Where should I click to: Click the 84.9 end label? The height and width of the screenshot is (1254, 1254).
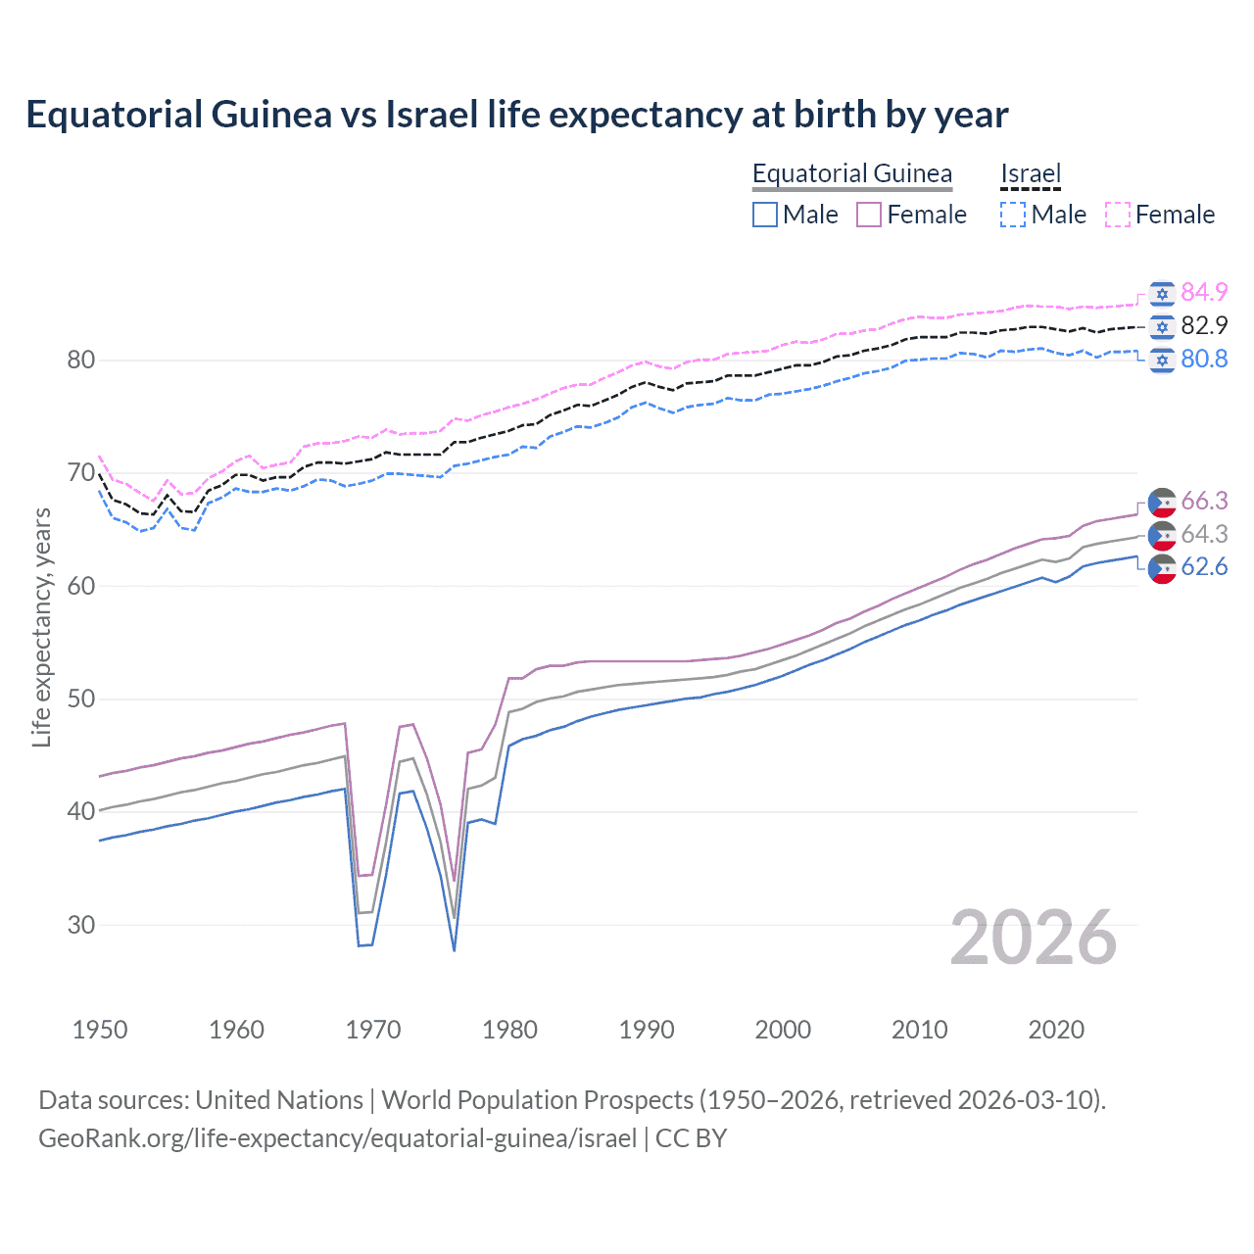click(1204, 292)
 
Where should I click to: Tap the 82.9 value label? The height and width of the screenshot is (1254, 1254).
click(1204, 325)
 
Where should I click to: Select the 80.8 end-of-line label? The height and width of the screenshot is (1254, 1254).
click(1204, 359)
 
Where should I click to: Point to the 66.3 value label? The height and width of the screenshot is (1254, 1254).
click(1204, 501)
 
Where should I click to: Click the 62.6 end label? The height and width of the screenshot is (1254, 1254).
click(1204, 567)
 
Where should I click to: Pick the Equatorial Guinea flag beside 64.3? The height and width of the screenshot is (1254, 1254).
click(1162, 535)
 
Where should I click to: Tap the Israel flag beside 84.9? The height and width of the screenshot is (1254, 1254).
click(1162, 293)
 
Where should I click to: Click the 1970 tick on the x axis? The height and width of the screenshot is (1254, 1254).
click(373, 1030)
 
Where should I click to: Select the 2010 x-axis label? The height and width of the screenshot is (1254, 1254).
click(919, 1030)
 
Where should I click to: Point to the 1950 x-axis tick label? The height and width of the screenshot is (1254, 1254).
click(100, 1030)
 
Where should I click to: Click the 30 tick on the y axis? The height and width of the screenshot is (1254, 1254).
click(81, 925)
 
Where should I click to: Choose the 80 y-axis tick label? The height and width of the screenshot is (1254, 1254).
click(81, 361)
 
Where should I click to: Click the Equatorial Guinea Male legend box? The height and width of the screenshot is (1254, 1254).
click(765, 215)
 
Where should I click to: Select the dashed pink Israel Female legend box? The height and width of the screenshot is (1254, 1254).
click(1118, 215)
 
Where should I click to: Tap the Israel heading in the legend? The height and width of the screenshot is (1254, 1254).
click(1031, 173)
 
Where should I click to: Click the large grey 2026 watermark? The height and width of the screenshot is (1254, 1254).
click(1033, 938)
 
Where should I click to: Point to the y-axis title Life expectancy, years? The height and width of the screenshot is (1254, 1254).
click(41, 627)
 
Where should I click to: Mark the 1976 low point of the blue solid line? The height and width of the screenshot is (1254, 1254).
click(455, 950)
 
